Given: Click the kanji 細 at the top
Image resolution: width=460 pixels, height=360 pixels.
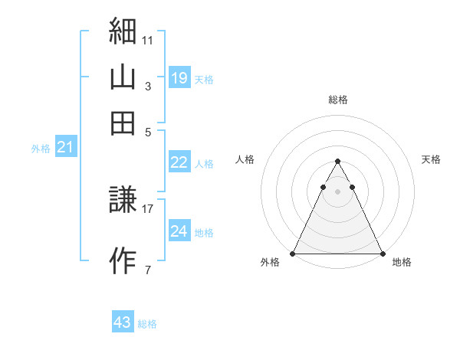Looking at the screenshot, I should pos(123,33).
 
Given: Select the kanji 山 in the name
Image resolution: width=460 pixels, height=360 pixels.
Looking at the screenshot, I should pos(123,77).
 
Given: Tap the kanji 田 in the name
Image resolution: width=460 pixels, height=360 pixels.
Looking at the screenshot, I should pos(123,123).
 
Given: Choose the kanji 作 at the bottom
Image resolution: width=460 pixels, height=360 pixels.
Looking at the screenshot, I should pos(123,260).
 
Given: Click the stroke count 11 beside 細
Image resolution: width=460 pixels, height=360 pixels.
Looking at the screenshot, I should pos(148,40).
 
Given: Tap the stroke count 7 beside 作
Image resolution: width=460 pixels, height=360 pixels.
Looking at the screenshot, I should pos(148,269).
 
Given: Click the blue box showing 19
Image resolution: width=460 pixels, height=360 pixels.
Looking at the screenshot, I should pos(179,77).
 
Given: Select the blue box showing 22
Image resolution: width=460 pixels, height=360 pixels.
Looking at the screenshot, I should pos(179,162).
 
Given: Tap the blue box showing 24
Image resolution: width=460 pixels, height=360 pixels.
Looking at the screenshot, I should pos(179,231).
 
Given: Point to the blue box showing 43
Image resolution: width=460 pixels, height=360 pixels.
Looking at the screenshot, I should pos(123,322).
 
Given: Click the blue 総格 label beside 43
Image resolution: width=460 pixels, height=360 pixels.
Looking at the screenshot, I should pos(147,324).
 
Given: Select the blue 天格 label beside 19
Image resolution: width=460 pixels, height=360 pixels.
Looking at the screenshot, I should pos(204,80).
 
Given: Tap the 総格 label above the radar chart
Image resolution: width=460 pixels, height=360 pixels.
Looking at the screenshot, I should pos(337,100).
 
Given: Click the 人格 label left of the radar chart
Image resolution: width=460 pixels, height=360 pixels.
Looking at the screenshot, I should pos(245,159).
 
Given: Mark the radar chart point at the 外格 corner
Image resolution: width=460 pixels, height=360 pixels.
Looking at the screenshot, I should pos(294,254).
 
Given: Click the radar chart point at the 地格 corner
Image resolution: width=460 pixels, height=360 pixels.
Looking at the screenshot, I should pos(382,254).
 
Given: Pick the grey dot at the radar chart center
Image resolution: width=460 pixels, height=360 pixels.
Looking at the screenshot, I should pos(337,191).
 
